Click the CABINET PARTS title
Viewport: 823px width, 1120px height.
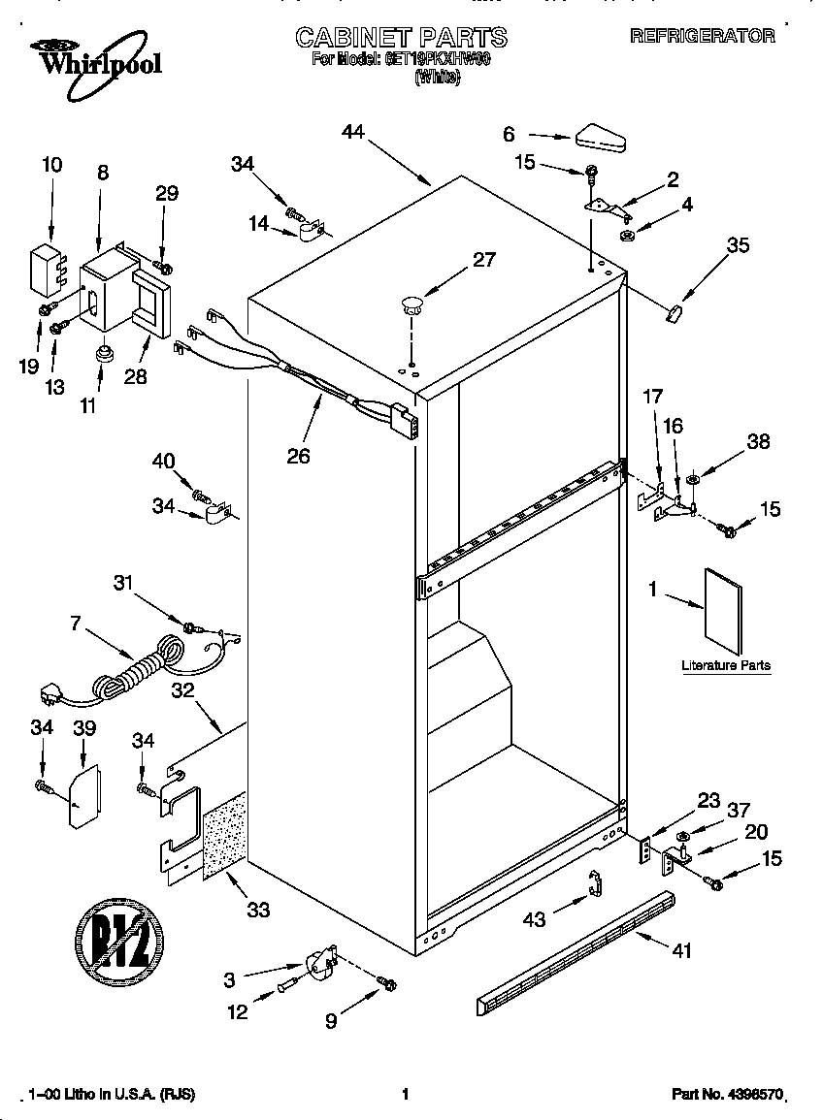tap(401, 37)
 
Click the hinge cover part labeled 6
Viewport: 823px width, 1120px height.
tap(602, 138)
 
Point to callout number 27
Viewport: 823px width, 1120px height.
tap(483, 260)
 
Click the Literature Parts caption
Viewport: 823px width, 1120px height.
tap(726, 665)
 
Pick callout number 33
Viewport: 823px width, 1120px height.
tap(258, 910)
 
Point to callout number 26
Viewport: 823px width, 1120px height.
tap(298, 455)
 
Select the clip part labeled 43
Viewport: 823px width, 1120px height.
tap(596, 884)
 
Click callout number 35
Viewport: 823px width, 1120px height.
tap(738, 246)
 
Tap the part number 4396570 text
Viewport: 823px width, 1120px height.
tap(726, 1094)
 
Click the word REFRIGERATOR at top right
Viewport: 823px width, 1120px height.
tap(703, 37)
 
